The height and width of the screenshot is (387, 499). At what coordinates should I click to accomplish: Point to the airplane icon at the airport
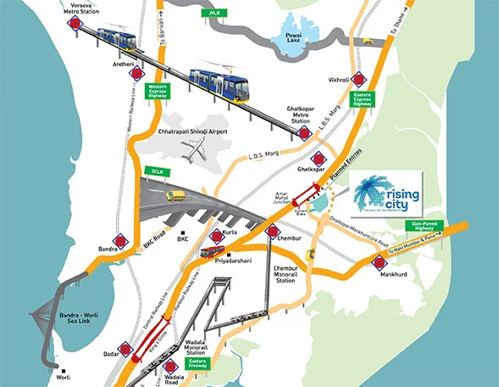[196, 150]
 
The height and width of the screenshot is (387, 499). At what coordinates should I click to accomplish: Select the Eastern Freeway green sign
[223, 366]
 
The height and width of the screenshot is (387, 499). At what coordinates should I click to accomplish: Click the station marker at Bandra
[125, 241]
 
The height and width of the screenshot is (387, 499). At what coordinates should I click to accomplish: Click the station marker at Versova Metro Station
[75, 25]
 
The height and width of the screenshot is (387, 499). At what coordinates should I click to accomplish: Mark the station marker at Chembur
[273, 230]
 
